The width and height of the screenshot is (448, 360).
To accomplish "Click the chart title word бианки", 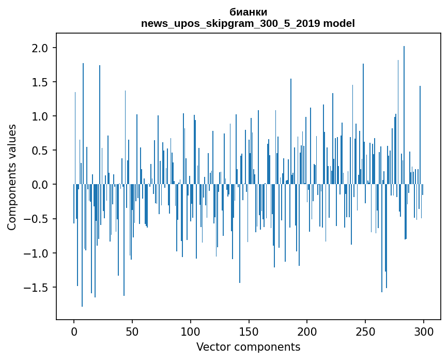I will point(248,12).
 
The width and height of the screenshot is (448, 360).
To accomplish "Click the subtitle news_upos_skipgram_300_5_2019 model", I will point(248,23).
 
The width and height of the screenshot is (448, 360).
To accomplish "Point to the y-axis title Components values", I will point(12,177).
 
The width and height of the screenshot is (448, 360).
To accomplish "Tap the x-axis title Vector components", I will point(248,347).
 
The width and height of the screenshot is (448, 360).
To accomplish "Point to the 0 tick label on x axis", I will point(74,331).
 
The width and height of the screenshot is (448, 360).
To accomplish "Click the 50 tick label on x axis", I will point(132,331).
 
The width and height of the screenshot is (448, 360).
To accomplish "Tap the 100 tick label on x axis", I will point(191,331).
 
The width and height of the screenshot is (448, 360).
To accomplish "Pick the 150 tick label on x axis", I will point(249,331).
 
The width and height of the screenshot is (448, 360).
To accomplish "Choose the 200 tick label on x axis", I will point(307,331).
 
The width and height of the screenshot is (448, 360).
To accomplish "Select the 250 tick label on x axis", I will point(365,331).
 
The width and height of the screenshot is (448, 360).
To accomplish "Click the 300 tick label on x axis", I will point(424,331).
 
